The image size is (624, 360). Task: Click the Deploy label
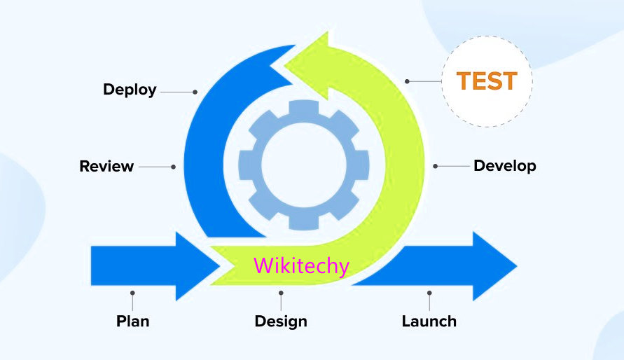point(130,90)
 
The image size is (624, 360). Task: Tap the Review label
point(106,167)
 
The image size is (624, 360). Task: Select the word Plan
point(132,321)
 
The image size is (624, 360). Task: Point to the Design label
point(280,321)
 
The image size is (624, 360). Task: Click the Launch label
point(429,321)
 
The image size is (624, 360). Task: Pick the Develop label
point(504,166)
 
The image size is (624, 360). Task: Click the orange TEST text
point(487,81)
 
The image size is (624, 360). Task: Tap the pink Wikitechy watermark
point(301,266)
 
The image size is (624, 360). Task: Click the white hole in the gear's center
point(303,166)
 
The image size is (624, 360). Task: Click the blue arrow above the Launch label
point(448,266)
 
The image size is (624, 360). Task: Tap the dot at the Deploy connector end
point(195,91)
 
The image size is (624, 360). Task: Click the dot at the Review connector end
point(174,167)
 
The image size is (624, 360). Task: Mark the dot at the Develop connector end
point(435,166)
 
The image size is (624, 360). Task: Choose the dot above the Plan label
point(132,293)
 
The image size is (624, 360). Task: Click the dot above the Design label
point(281,293)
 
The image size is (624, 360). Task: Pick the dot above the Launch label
point(429,293)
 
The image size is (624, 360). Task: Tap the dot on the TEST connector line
point(408,81)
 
